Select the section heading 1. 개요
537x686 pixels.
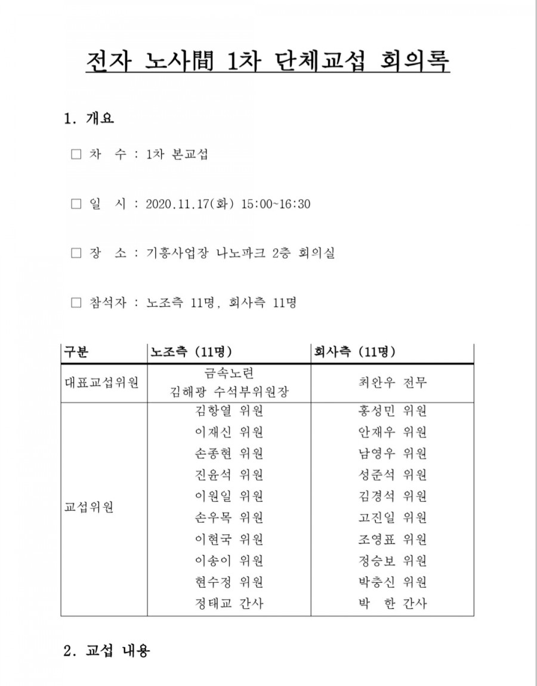(88, 118)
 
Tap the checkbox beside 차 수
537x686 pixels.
(76, 154)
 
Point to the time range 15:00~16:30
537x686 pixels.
(276, 204)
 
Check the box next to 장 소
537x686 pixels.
(76, 254)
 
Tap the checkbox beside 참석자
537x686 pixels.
(76, 303)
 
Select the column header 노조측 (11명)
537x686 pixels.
(191, 352)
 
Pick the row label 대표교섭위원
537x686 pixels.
(101, 383)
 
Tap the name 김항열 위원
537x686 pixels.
(229, 410)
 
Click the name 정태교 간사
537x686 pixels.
(229, 604)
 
